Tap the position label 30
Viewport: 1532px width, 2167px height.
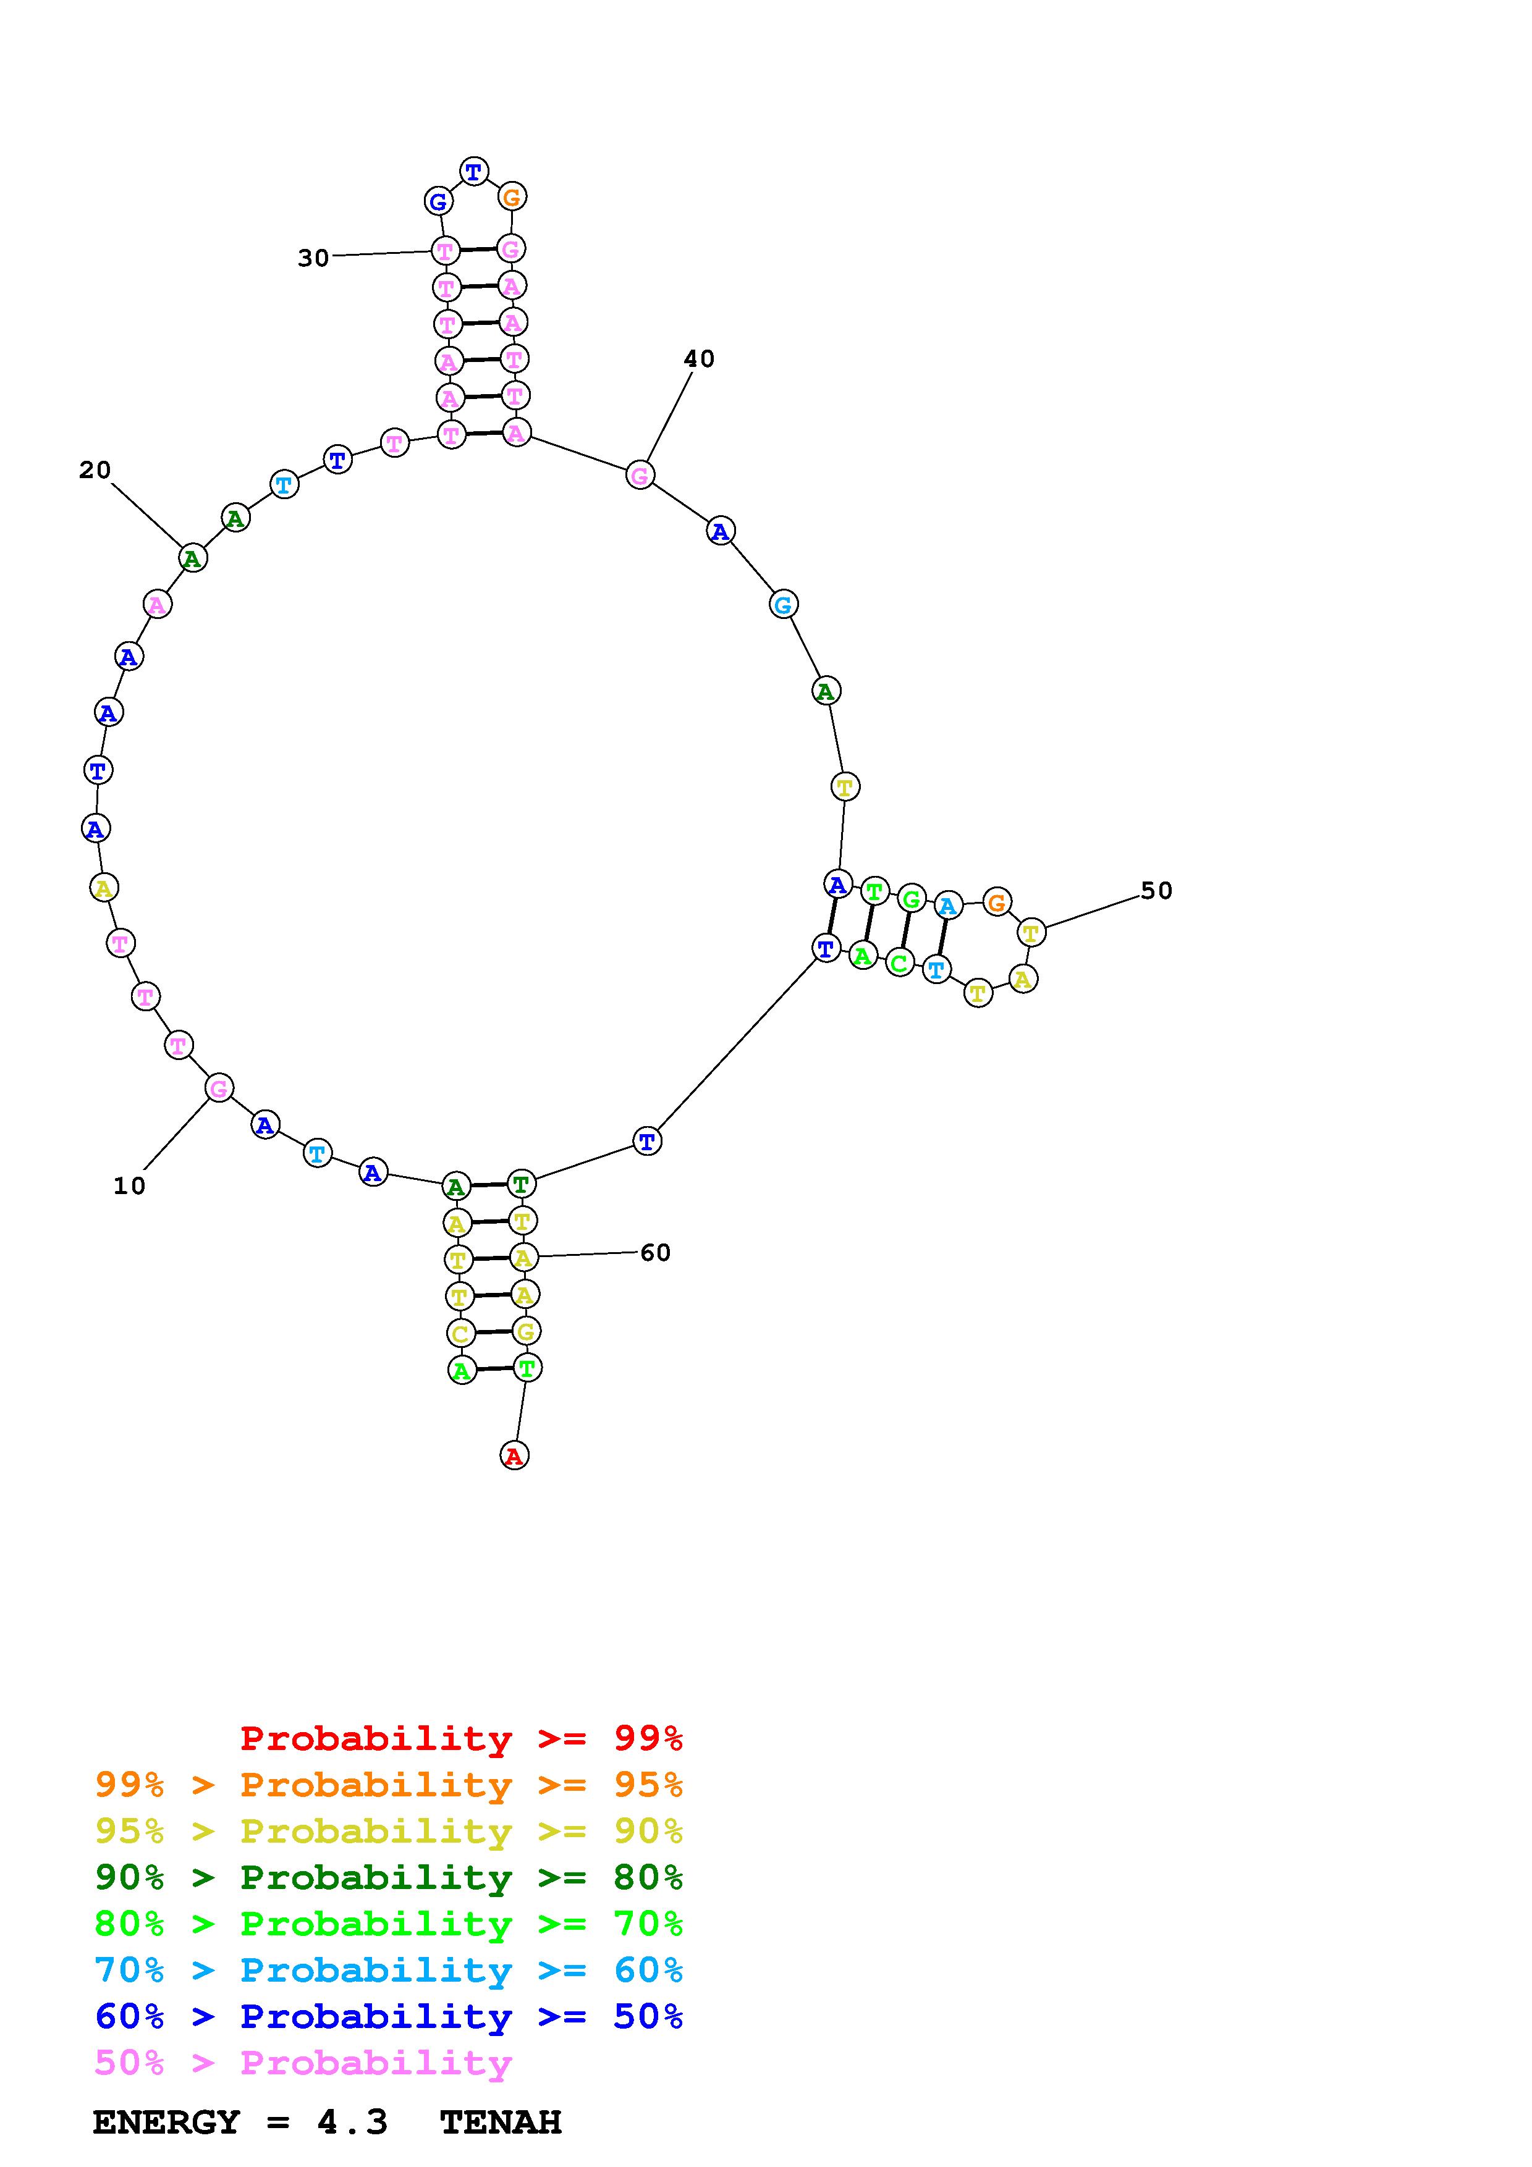click(x=313, y=258)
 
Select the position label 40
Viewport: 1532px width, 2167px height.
click(x=700, y=359)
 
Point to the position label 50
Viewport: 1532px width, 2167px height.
click(x=1156, y=890)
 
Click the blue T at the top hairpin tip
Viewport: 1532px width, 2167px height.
click(x=474, y=172)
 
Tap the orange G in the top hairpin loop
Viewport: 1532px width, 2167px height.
click(x=512, y=197)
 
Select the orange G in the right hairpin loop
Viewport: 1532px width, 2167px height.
click(x=997, y=903)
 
